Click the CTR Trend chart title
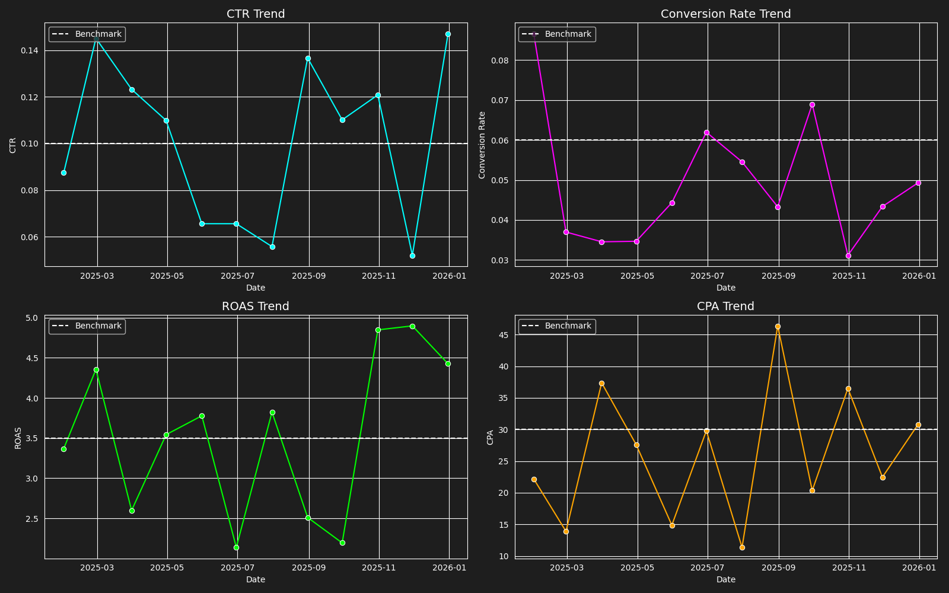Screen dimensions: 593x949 pos(256,14)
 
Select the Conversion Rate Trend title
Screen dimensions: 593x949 pos(725,14)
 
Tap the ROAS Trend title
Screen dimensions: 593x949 pos(256,306)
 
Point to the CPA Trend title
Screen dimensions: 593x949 pos(725,306)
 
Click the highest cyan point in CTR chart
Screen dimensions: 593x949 pos(448,34)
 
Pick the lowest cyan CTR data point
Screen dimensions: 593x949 pos(412,256)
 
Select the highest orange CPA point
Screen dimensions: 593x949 pos(778,326)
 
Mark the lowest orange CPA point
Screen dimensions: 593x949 pos(742,547)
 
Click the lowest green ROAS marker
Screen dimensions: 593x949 pos(236,547)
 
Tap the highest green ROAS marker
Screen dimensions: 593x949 pos(412,326)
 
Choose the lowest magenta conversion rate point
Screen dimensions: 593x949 pos(848,256)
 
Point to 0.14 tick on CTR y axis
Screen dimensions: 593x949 pos(30,50)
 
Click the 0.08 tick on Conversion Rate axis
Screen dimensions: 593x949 pos(499,60)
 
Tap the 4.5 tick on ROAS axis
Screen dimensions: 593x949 pos(32,358)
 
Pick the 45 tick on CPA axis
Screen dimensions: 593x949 pos(504,335)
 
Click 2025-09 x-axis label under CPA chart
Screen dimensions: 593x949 pos(778,568)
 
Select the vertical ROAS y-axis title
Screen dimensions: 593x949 pos(18,438)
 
